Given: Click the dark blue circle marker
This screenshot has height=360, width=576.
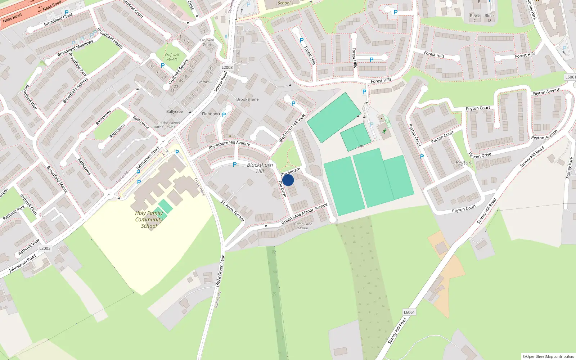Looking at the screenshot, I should click(x=288, y=180).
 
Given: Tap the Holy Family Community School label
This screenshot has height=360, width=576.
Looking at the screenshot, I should click(x=149, y=220).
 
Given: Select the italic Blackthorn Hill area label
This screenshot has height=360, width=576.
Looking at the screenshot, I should click(x=260, y=168).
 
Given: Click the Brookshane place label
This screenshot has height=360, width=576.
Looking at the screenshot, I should click(x=247, y=99).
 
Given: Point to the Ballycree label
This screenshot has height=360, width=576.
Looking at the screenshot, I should click(x=175, y=112).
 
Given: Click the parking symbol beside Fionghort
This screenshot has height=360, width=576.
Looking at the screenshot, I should click(x=224, y=115).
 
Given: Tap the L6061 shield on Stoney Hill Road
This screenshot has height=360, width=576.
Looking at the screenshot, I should click(x=409, y=312).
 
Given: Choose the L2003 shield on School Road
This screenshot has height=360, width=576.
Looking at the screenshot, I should click(x=227, y=67).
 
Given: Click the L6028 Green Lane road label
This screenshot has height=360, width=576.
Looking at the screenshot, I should click(x=220, y=271).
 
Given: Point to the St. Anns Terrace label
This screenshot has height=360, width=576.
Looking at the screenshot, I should click(x=233, y=211).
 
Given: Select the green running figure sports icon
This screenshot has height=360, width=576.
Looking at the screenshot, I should click(x=384, y=131).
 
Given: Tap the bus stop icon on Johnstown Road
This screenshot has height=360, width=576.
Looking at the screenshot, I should click(x=138, y=172).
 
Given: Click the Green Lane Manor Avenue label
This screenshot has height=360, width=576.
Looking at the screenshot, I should click(x=304, y=213).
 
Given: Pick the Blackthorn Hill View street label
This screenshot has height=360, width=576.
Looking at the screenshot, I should click(x=292, y=128).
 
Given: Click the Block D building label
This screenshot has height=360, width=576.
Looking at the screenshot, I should click(x=489, y=18).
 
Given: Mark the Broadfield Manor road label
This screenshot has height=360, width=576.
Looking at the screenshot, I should click(x=57, y=179).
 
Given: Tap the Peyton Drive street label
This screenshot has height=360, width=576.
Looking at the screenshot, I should click(x=480, y=156).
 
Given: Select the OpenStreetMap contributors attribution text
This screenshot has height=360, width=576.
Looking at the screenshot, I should click(x=548, y=356).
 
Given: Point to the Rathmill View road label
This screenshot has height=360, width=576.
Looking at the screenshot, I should click(x=29, y=247).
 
